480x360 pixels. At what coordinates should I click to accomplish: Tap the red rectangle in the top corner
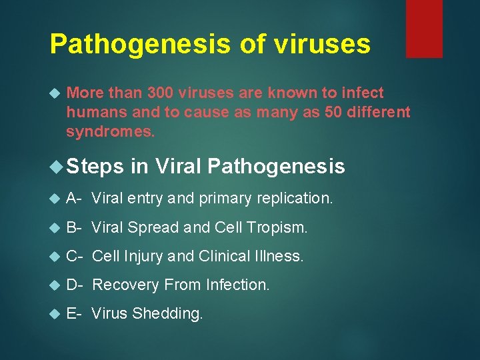pyautogui.click(x=424, y=28)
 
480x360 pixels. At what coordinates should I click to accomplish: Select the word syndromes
pyautogui.click(x=110, y=131)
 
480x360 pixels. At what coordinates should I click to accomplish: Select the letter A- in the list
pyautogui.click(x=74, y=198)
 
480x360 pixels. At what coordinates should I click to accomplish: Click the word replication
pyautogui.click(x=300, y=198)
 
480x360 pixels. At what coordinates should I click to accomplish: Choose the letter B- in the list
pyautogui.click(x=74, y=227)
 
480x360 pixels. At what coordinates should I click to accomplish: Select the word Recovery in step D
pyautogui.click(x=123, y=285)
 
